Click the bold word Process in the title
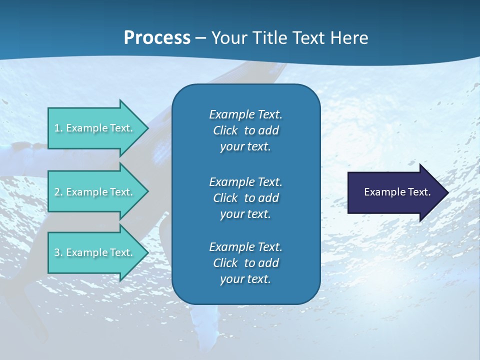[157, 37]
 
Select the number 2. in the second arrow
[58, 192]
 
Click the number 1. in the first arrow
[58, 128]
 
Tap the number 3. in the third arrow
[58, 252]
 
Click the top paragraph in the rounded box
[245, 130]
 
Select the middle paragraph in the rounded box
[245, 198]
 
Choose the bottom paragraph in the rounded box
[245, 263]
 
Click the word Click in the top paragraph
[225, 130]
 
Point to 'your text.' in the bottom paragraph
[245, 279]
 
